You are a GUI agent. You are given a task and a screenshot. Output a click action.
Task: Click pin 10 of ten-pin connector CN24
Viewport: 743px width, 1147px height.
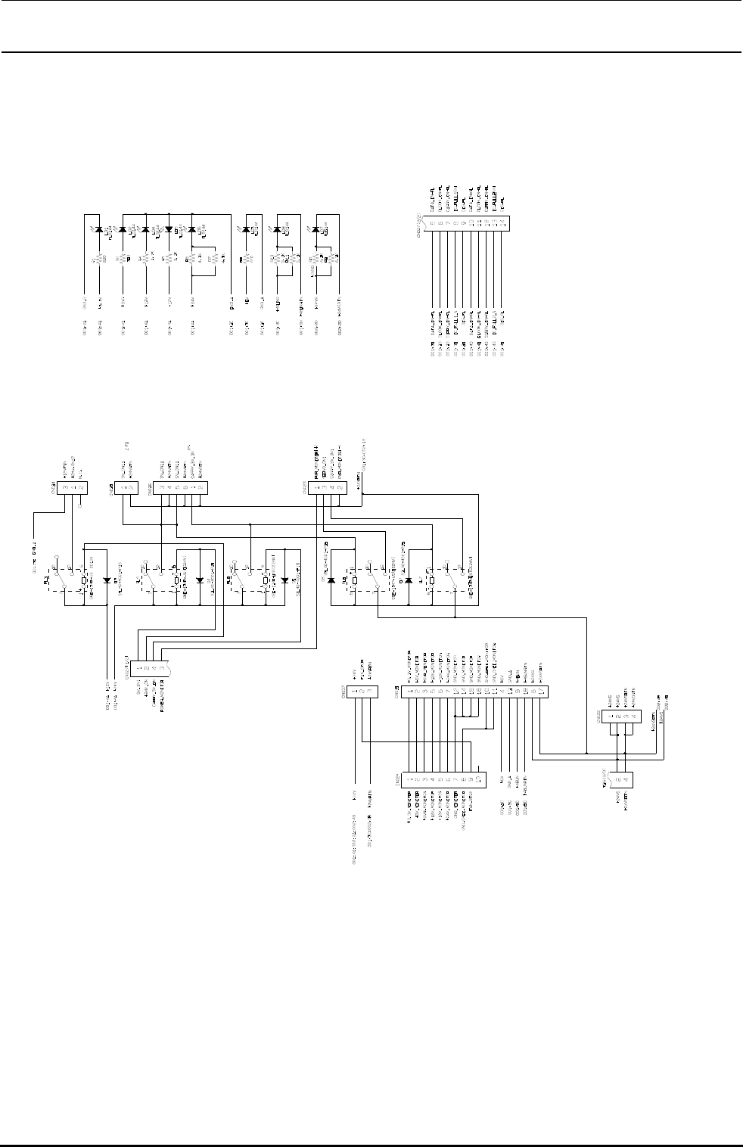(479, 778)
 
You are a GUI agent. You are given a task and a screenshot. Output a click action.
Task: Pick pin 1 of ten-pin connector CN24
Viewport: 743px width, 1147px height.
(409, 778)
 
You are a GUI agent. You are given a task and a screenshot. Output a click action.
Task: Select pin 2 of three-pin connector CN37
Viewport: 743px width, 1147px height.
(362, 691)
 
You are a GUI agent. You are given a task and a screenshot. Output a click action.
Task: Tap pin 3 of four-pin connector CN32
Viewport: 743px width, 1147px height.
(626, 715)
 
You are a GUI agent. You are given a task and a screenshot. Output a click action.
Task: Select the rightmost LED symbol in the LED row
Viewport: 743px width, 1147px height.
(316, 229)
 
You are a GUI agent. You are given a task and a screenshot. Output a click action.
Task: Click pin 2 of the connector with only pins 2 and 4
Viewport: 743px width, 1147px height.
(618, 779)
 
